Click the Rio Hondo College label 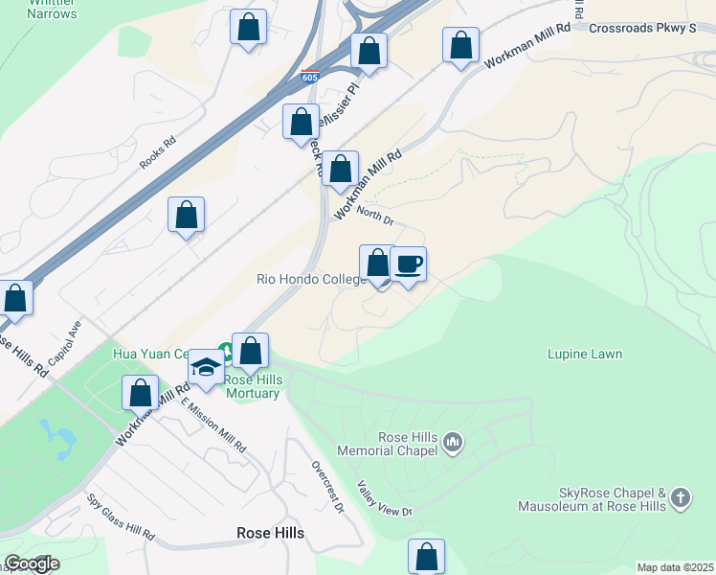[x=311, y=280]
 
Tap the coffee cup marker [x=408, y=264]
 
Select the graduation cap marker [x=206, y=367]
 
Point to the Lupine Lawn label [x=585, y=355]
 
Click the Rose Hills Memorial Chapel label [x=394, y=444]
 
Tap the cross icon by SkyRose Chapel [x=680, y=496]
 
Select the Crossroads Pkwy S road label [x=641, y=29]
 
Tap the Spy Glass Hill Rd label [x=121, y=517]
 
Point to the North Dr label [x=375, y=218]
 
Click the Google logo [x=31, y=563]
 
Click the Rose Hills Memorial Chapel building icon [x=453, y=442]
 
